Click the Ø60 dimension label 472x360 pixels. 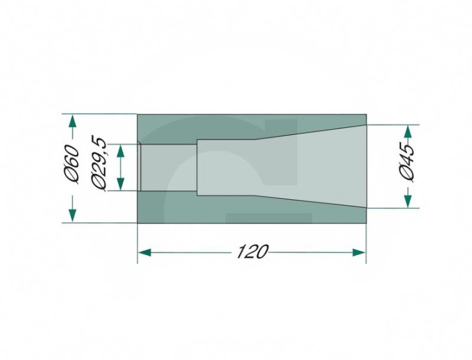[x=73, y=164]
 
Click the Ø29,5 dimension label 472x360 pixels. [x=99, y=165]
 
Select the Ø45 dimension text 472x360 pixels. [x=406, y=162]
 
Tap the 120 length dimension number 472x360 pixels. [x=253, y=252]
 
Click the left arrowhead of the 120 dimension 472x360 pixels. [x=144, y=252]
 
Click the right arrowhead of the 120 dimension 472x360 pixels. [x=359, y=252]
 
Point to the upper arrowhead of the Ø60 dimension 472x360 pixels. [x=72, y=121]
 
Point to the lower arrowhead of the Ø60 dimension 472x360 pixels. [x=72, y=215]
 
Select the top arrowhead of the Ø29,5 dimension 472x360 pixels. [x=120, y=151]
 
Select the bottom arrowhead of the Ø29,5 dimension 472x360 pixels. [x=120, y=184]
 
